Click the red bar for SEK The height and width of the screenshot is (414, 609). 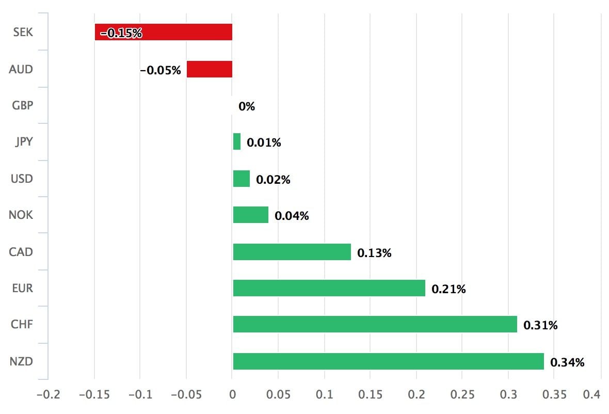click(x=163, y=32)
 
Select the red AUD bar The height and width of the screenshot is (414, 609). click(x=209, y=69)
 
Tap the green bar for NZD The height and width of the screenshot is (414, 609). click(x=388, y=361)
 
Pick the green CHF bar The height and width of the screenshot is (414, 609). click(x=375, y=324)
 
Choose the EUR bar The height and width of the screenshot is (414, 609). click(x=329, y=288)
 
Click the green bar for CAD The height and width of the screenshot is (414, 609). click(x=292, y=252)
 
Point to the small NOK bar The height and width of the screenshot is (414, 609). click(x=250, y=215)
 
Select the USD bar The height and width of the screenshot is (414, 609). click(x=241, y=179)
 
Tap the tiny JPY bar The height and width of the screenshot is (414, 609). click(x=237, y=141)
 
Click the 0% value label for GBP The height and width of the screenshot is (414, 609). click(x=247, y=107)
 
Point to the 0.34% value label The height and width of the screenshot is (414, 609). click(x=567, y=362)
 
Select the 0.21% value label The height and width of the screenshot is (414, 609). click(x=448, y=289)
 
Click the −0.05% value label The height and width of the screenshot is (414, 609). click(x=161, y=70)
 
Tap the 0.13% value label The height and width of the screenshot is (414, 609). click(x=374, y=253)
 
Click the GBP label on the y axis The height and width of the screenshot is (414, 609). click(x=22, y=105)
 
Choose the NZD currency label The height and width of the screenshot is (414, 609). click(x=21, y=361)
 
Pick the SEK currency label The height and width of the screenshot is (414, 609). click(x=23, y=32)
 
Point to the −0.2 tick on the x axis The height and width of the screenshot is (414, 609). click(x=48, y=395)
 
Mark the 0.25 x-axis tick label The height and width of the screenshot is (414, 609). click(x=462, y=395)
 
